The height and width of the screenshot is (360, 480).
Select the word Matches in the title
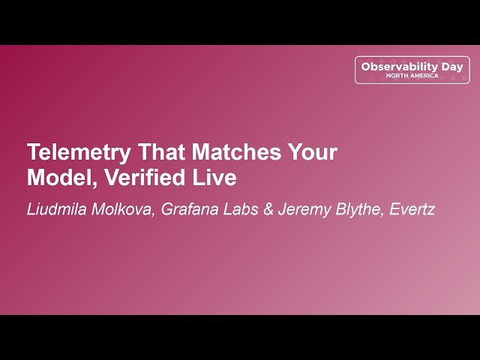click(235, 152)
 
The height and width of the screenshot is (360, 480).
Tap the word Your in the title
click(311, 152)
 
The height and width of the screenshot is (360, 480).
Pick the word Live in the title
click(217, 178)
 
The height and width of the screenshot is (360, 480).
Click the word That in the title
click(158, 152)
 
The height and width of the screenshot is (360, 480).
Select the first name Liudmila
click(56, 209)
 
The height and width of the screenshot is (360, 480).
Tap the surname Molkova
click(124, 209)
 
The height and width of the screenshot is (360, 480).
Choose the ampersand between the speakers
click(267, 209)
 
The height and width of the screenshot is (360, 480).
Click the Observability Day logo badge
click(412, 69)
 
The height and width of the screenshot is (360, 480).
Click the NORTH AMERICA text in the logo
click(412, 76)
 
